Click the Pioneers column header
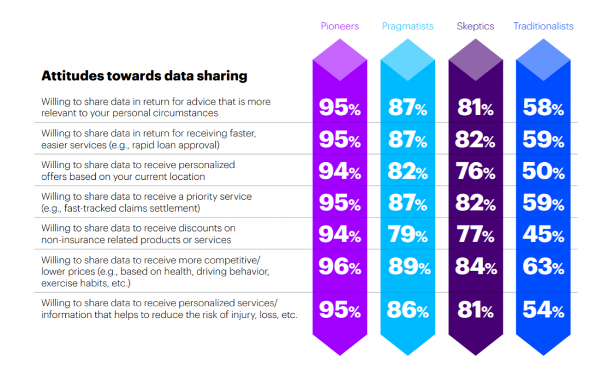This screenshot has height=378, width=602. click(x=340, y=26)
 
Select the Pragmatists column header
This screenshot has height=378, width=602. click(x=407, y=26)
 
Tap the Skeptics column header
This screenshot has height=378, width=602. click(x=475, y=26)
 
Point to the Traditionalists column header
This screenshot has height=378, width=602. click(x=543, y=26)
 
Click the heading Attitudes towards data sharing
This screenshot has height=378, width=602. click(x=144, y=76)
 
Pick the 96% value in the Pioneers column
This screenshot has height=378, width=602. click(x=340, y=267)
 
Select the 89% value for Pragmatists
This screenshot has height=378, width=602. click(x=407, y=267)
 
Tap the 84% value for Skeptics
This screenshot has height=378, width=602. click(x=476, y=267)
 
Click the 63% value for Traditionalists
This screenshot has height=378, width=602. click(x=543, y=267)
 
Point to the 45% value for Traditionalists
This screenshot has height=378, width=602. click(x=543, y=235)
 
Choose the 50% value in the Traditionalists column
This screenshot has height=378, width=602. click(x=543, y=171)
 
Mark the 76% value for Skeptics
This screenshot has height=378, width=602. click(x=476, y=171)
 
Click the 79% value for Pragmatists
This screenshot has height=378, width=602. click(x=407, y=235)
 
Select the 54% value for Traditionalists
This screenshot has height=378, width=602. click(x=543, y=310)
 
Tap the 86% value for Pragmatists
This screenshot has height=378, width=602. click(x=407, y=310)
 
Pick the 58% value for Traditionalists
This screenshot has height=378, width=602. click(x=543, y=108)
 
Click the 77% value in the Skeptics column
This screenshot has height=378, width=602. click(x=476, y=235)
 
